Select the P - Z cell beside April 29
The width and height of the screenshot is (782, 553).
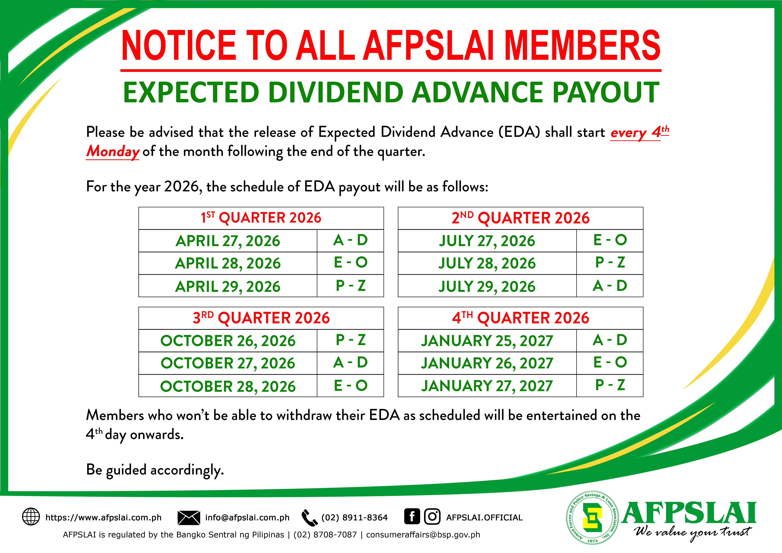click(350, 286)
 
